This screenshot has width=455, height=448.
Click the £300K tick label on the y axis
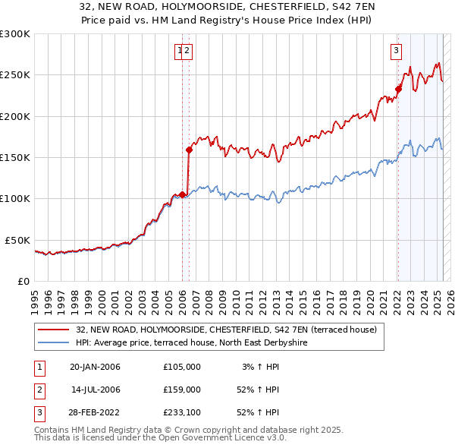15,34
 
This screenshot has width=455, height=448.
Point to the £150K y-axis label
15,157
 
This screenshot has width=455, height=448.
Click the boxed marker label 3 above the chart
396,51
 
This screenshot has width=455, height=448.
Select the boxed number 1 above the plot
180,51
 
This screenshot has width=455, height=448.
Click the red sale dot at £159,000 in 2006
189,150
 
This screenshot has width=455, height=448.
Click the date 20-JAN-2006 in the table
95,367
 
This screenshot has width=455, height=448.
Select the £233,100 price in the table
181,412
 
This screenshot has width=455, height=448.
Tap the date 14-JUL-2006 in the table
95,390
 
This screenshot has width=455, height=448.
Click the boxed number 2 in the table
38,390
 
